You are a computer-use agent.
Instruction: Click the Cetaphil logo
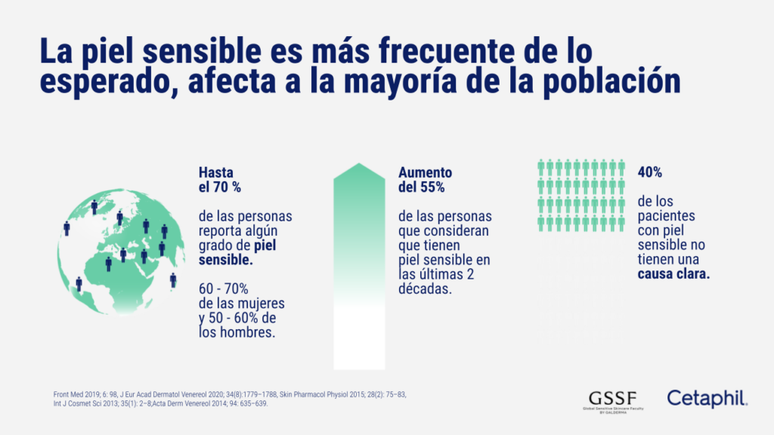[x=706, y=398]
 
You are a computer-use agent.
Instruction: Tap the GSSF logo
[x=611, y=399]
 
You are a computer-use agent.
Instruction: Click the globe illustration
[x=117, y=249]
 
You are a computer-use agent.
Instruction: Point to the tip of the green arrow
[x=359, y=165]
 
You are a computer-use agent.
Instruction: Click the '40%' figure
[x=649, y=172]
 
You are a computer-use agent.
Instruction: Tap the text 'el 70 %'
[x=220, y=187]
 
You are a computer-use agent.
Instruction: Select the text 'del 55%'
[x=422, y=187]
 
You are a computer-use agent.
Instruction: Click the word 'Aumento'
[x=426, y=172]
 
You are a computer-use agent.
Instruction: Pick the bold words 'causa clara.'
[x=673, y=275]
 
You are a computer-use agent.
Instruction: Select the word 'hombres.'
[x=244, y=332]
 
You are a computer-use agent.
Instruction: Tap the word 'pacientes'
[x=664, y=216]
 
